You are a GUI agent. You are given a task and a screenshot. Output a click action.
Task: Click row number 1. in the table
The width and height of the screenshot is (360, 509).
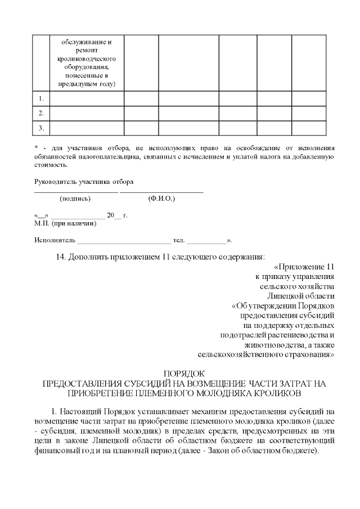(41, 98)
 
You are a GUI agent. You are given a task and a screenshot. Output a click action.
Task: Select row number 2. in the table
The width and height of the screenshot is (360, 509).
(41, 113)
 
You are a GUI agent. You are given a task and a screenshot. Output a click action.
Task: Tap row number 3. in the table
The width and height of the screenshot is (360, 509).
(41, 128)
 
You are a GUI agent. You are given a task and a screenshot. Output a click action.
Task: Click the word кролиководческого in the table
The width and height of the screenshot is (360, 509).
(87, 59)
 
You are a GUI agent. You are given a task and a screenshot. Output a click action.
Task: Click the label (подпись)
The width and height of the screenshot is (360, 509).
(75, 199)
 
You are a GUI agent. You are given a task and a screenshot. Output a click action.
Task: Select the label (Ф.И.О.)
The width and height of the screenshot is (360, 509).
(161, 199)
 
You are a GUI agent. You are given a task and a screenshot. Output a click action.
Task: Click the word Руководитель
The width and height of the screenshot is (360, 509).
(56, 182)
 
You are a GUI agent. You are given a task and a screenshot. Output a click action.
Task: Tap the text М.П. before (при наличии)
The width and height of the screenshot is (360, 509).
(42, 224)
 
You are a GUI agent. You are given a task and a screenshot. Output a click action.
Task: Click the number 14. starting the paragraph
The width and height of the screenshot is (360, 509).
(63, 257)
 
